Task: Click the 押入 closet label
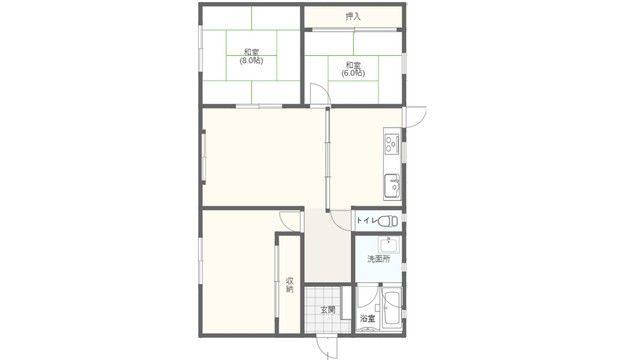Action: tap(353, 17)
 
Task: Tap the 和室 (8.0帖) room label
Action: tap(251, 56)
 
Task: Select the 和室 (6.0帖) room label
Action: tap(353, 69)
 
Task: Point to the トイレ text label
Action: tap(366, 221)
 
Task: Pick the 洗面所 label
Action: tap(378, 258)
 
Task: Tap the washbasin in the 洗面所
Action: tap(390, 244)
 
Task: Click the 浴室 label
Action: tap(367, 318)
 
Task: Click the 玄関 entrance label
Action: tap(327, 310)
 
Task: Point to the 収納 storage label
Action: tap(289, 284)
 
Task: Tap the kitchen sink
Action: tap(392, 186)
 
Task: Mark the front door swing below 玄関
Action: tap(327, 347)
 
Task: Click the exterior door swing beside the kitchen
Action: tap(415, 117)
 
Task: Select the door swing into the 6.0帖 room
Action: tap(320, 94)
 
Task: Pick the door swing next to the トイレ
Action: tap(340, 221)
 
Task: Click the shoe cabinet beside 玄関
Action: tap(346, 302)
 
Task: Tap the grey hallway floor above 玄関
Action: tap(328, 246)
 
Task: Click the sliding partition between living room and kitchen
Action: tap(327, 159)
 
